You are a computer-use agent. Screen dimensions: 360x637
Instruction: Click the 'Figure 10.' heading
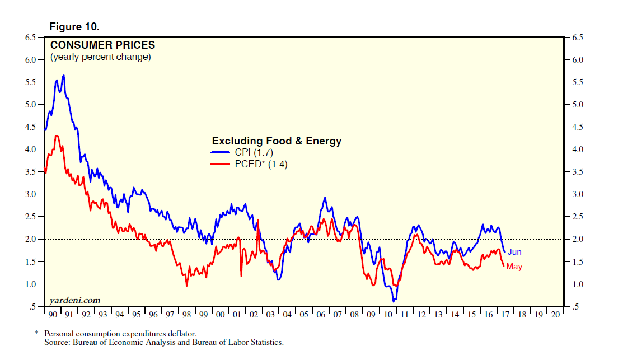[x=75, y=26]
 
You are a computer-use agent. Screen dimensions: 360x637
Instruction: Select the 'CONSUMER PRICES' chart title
[x=103, y=45]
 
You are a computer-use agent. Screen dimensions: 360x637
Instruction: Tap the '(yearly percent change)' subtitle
[x=101, y=57]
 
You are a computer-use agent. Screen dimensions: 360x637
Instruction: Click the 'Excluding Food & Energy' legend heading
[x=276, y=141]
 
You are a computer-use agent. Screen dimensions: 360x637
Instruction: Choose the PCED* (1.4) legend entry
[x=249, y=165]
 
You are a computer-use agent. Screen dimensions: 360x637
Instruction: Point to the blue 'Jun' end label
[x=514, y=252]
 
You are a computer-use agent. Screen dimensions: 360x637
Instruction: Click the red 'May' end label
[x=514, y=267]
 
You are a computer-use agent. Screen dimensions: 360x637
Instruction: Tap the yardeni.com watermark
[x=75, y=300]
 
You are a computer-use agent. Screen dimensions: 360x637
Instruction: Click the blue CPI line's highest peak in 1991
[x=64, y=75]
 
